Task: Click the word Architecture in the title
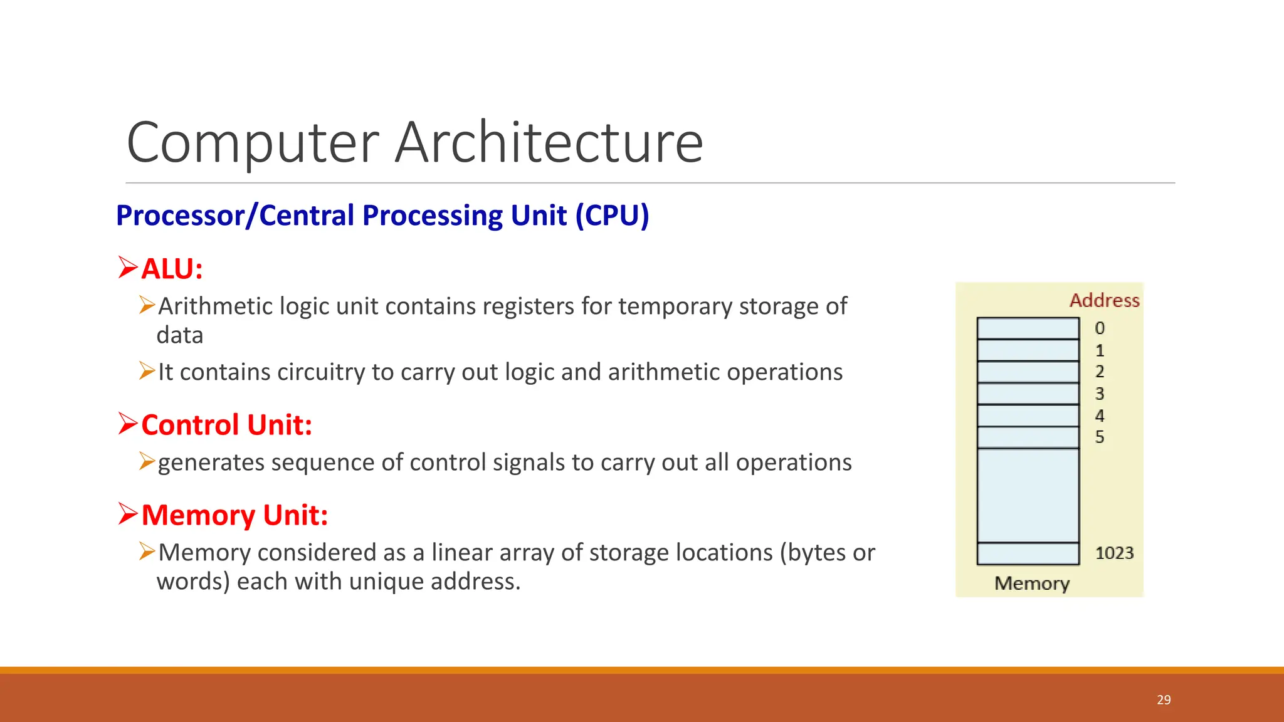pyautogui.click(x=549, y=143)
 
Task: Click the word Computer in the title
pyautogui.click(x=253, y=143)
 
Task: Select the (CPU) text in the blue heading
pyautogui.click(x=613, y=216)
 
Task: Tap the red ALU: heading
pyautogui.click(x=172, y=269)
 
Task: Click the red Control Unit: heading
pyautogui.click(x=226, y=425)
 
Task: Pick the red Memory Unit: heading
pyautogui.click(x=234, y=515)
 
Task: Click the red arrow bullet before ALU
pyautogui.click(x=127, y=268)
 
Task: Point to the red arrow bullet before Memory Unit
pyautogui.click(x=127, y=514)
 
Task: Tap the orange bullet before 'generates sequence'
pyautogui.click(x=147, y=461)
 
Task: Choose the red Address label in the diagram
pyautogui.click(x=1104, y=301)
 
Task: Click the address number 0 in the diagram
pyautogui.click(x=1100, y=328)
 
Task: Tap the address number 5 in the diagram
pyautogui.click(x=1100, y=437)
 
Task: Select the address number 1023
pyautogui.click(x=1114, y=553)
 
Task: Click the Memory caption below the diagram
pyautogui.click(x=1032, y=583)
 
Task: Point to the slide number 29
pyautogui.click(x=1164, y=700)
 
